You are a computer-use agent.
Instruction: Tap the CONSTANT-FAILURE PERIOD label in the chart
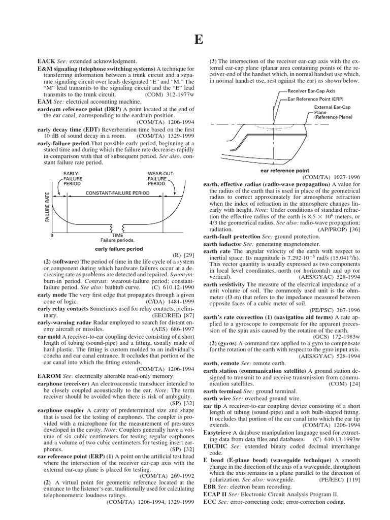(114, 194)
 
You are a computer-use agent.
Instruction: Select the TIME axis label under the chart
(117, 235)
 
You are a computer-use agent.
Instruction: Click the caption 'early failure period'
(119, 249)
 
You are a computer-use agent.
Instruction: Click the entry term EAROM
(49, 375)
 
